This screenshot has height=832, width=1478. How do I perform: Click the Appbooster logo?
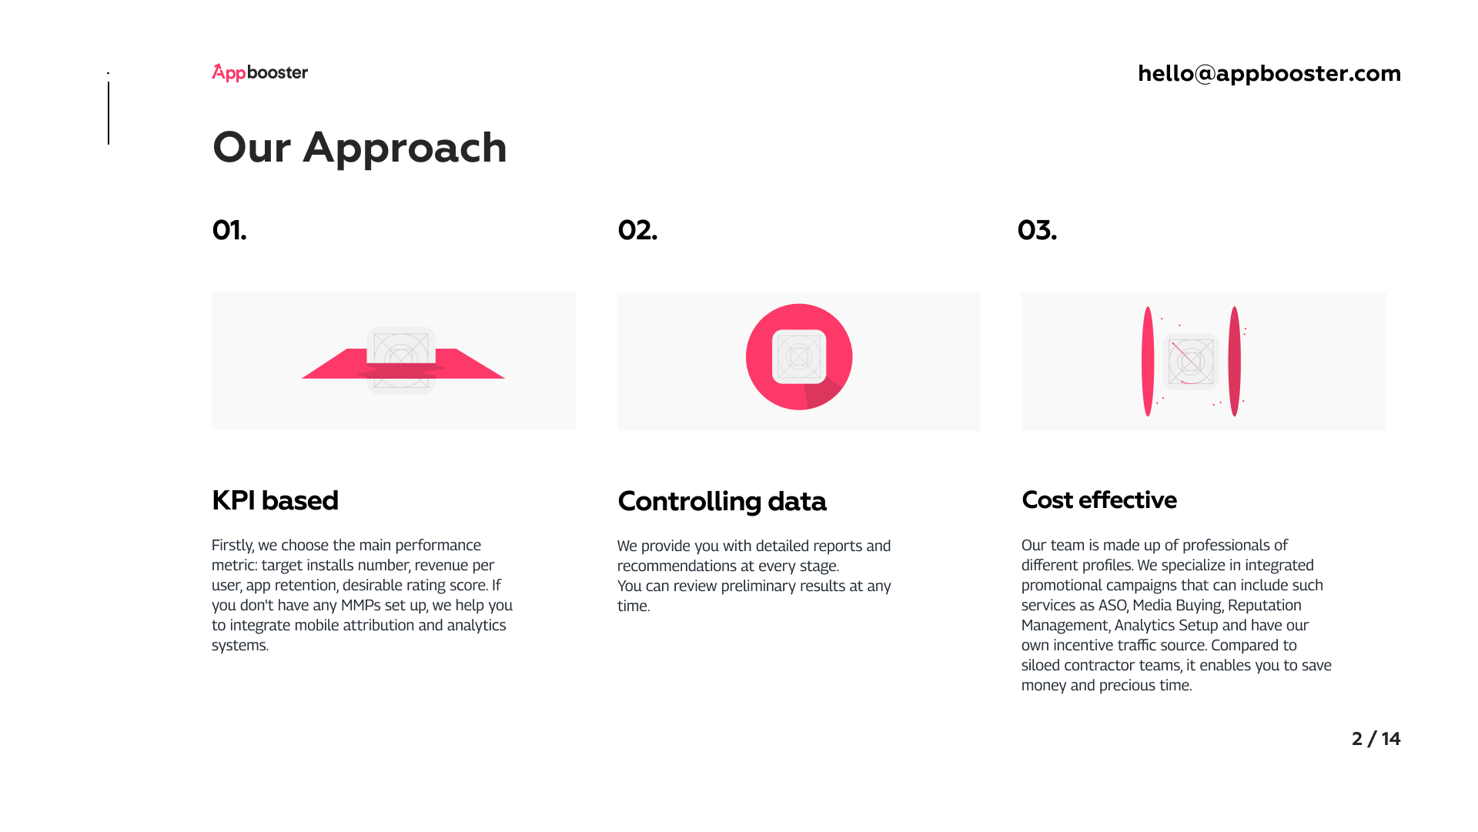[x=259, y=72]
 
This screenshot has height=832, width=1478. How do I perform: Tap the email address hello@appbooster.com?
[x=1269, y=73]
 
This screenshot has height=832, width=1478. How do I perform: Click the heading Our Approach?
[x=359, y=147]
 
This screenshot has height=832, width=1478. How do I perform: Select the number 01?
[x=229, y=230]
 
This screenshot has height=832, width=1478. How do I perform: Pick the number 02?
[x=637, y=230]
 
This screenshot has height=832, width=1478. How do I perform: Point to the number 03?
[x=1037, y=230]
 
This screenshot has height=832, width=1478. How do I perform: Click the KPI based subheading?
[x=275, y=500]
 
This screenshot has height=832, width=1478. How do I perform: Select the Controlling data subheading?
[x=721, y=501]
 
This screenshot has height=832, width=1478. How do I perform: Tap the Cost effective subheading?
[x=1098, y=500]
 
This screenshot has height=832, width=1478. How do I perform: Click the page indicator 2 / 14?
[x=1376, y=739]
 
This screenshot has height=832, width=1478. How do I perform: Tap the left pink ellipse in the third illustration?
[x=1148, y=362]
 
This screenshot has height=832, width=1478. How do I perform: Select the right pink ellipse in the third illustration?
[x=1235, y=362]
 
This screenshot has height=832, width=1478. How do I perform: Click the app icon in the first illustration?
[x=401, y=360]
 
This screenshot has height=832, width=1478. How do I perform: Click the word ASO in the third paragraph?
[x=1112, y=606]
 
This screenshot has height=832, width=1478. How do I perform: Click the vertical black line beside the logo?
[x=109, y=113]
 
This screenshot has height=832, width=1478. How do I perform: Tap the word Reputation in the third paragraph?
[x=1265, y=606]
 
